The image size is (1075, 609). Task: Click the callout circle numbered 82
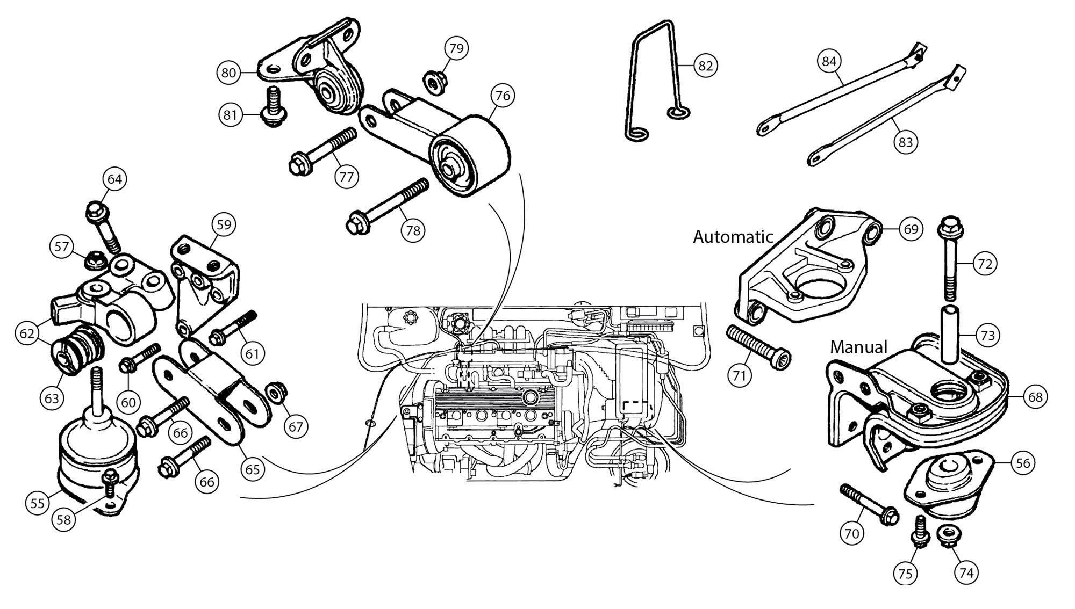point(705,66)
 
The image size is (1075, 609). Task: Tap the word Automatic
point(733,237)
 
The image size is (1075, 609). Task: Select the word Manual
point(858,347)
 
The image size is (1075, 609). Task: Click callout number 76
point(503,96)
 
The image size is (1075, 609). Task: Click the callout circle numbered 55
point(38,503)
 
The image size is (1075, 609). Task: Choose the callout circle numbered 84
point(829,61)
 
